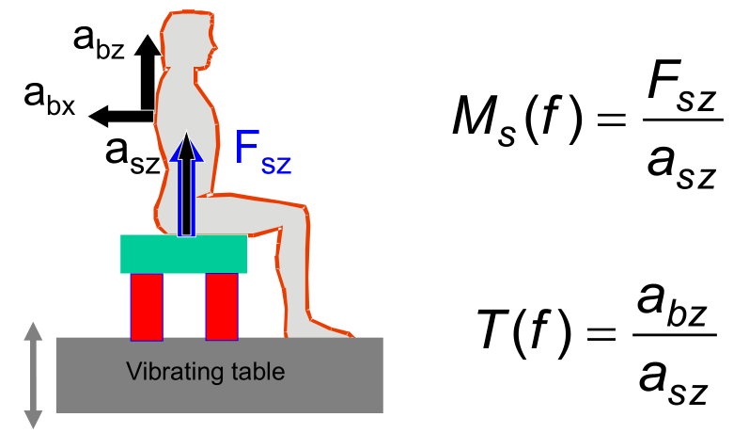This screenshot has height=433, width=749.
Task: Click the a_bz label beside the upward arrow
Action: (x=98, y=42)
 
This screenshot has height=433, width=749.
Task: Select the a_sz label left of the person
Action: (x=131, y=151)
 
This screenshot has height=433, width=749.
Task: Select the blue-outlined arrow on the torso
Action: (x=188, y=184)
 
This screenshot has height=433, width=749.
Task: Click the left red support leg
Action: (x=147, y=306)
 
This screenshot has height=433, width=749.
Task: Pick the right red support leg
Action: (x=221, y=306)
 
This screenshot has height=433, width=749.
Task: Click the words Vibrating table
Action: (x=204, y=372)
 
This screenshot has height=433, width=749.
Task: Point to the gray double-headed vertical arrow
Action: (x=34, y=375)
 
